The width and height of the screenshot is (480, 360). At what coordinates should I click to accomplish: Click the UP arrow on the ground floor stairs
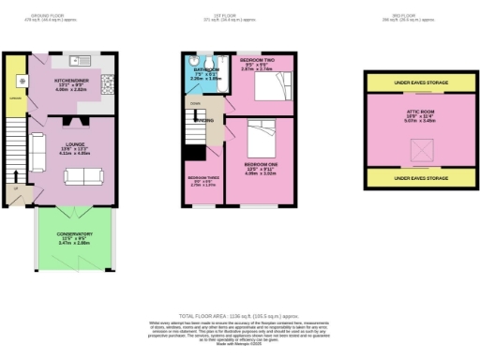tap(16, 187)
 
